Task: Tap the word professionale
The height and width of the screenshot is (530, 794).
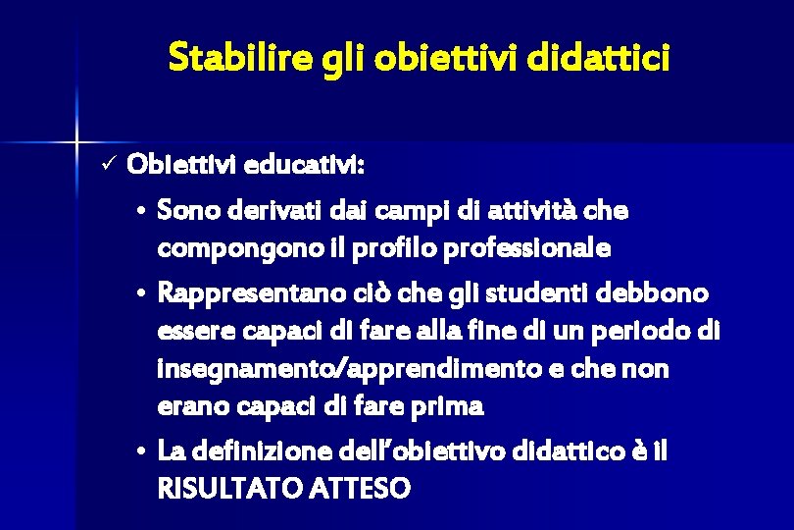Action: pos(526,248)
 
